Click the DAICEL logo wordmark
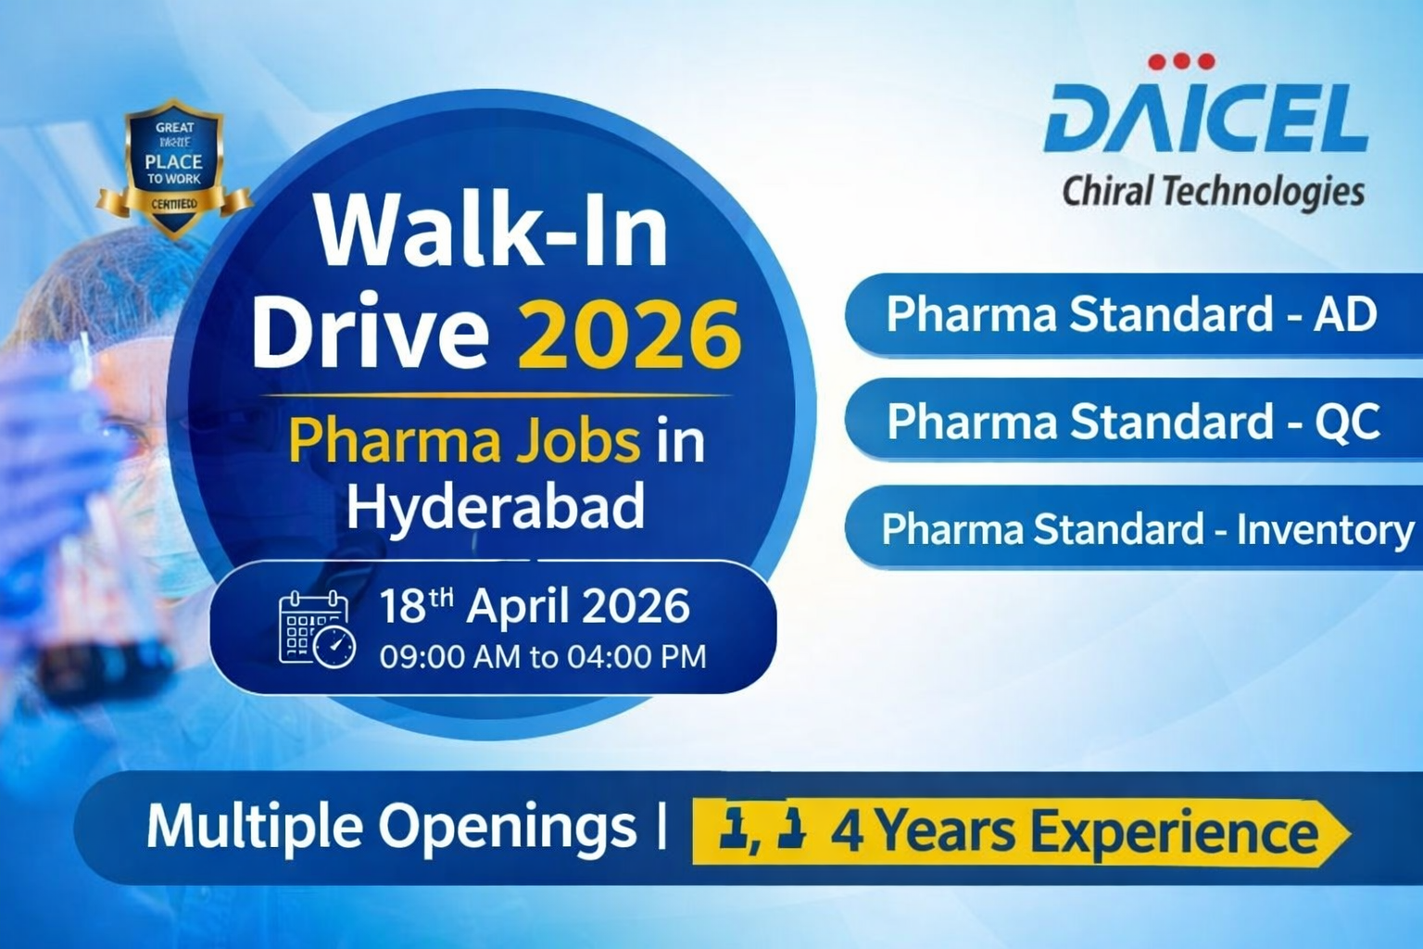pyautogui.click(x=1204, y=118)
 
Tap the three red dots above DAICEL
pyautogui.click(x=1181, y=61)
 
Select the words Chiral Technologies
pyautogui.click(x=1213, y=192)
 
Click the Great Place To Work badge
pyautogui.click(x=174, y=167)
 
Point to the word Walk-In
pyautogui.click(x=491, y=232)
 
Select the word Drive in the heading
pyautogui.click(x=371, y=334)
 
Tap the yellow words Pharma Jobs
pyautogui.click(x=463, y=440)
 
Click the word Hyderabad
pyautogui.click(x=496, y=507)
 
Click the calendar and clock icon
pyautogui.click(x=316, y=629)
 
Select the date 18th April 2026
pyautogui.click(x=535, y=607)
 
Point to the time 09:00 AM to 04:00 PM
pyautogui.click(x=543, y=657)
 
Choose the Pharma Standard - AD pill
pyautogui.click(x=1131, y=314)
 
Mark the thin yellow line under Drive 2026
pyautogui.click(x=496, y=395)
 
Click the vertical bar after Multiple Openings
pyautogui.click(x=661, y=827)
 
